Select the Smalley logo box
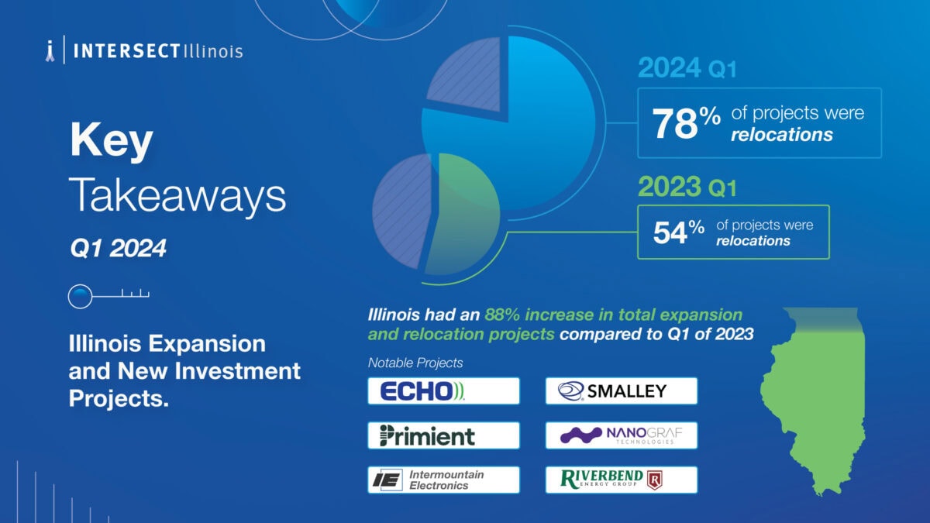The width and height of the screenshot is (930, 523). (x=621, y=391)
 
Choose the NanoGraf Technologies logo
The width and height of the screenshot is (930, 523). (x=621, y=435)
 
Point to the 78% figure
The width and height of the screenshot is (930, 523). (x=686, y=123)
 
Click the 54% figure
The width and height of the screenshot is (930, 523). (x=678, y=232)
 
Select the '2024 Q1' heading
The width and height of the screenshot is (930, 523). (x=687, y=67)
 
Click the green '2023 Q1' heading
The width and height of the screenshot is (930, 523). (x=687, y=187)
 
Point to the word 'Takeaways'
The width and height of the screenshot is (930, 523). (x=177, y=195)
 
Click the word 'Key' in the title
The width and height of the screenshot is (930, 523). (x=112, y=140)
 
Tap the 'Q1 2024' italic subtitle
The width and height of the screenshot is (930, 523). (x=118, y=248)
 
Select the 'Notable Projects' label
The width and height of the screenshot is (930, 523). (x=415, y=363)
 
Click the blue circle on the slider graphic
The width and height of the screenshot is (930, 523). (x=80, y=296)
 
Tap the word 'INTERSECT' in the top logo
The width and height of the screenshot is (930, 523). (x=126, y=51)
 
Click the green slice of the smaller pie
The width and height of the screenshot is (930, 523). (x=463, y=214)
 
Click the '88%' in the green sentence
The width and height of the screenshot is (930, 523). (x=502, y=315)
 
